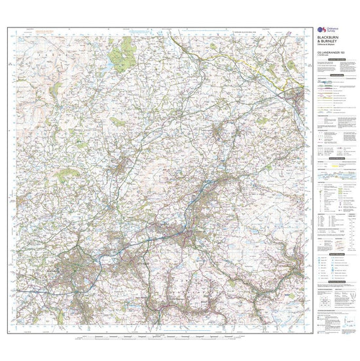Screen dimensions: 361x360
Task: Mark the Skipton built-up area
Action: click(298, 97)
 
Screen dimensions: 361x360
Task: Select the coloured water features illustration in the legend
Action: click(334, 176)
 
